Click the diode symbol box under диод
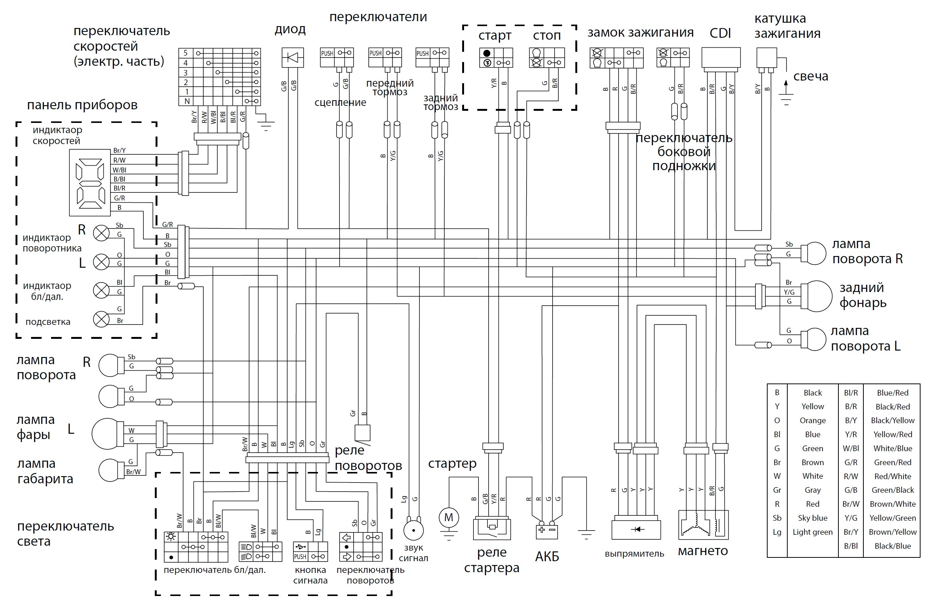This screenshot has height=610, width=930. pyautogui.click(x=292, y=57)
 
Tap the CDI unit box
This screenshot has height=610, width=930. pyautogui.click(x=721, y=57)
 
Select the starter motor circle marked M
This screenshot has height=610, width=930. pyautogui.click(x=449, y=517)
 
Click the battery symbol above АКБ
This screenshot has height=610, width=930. pyautogui.click(x=547, y=531)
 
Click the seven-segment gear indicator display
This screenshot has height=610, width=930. pyautogui.click(x=90, y=182)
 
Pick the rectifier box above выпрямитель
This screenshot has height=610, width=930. pyautogui.click(x=636, y=529)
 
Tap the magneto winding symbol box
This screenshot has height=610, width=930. pyautogui.click(x=703, y=525)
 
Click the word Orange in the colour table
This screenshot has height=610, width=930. pyautogui.click(x=812, y=421)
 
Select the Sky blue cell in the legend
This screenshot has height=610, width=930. pyautogui.click(x=812, y=518)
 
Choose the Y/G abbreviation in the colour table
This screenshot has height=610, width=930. pyautogui.click(x=851, y=518)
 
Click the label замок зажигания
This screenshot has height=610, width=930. pyautogui.click(x=640, y=33)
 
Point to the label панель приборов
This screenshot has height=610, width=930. pyautogui.click(x=82, y=105)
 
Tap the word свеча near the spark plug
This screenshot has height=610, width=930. pyautogui.click(x=811, y=76)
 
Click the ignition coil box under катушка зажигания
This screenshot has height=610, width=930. pyautogui.click(x=766, y=57)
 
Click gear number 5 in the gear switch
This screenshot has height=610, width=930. pyautogui.click(x=185, y=53)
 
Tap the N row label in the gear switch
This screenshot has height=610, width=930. pyautogui.click(x=187, y=101)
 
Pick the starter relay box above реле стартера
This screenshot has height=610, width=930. pyautogui.click(x=492, y=529)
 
